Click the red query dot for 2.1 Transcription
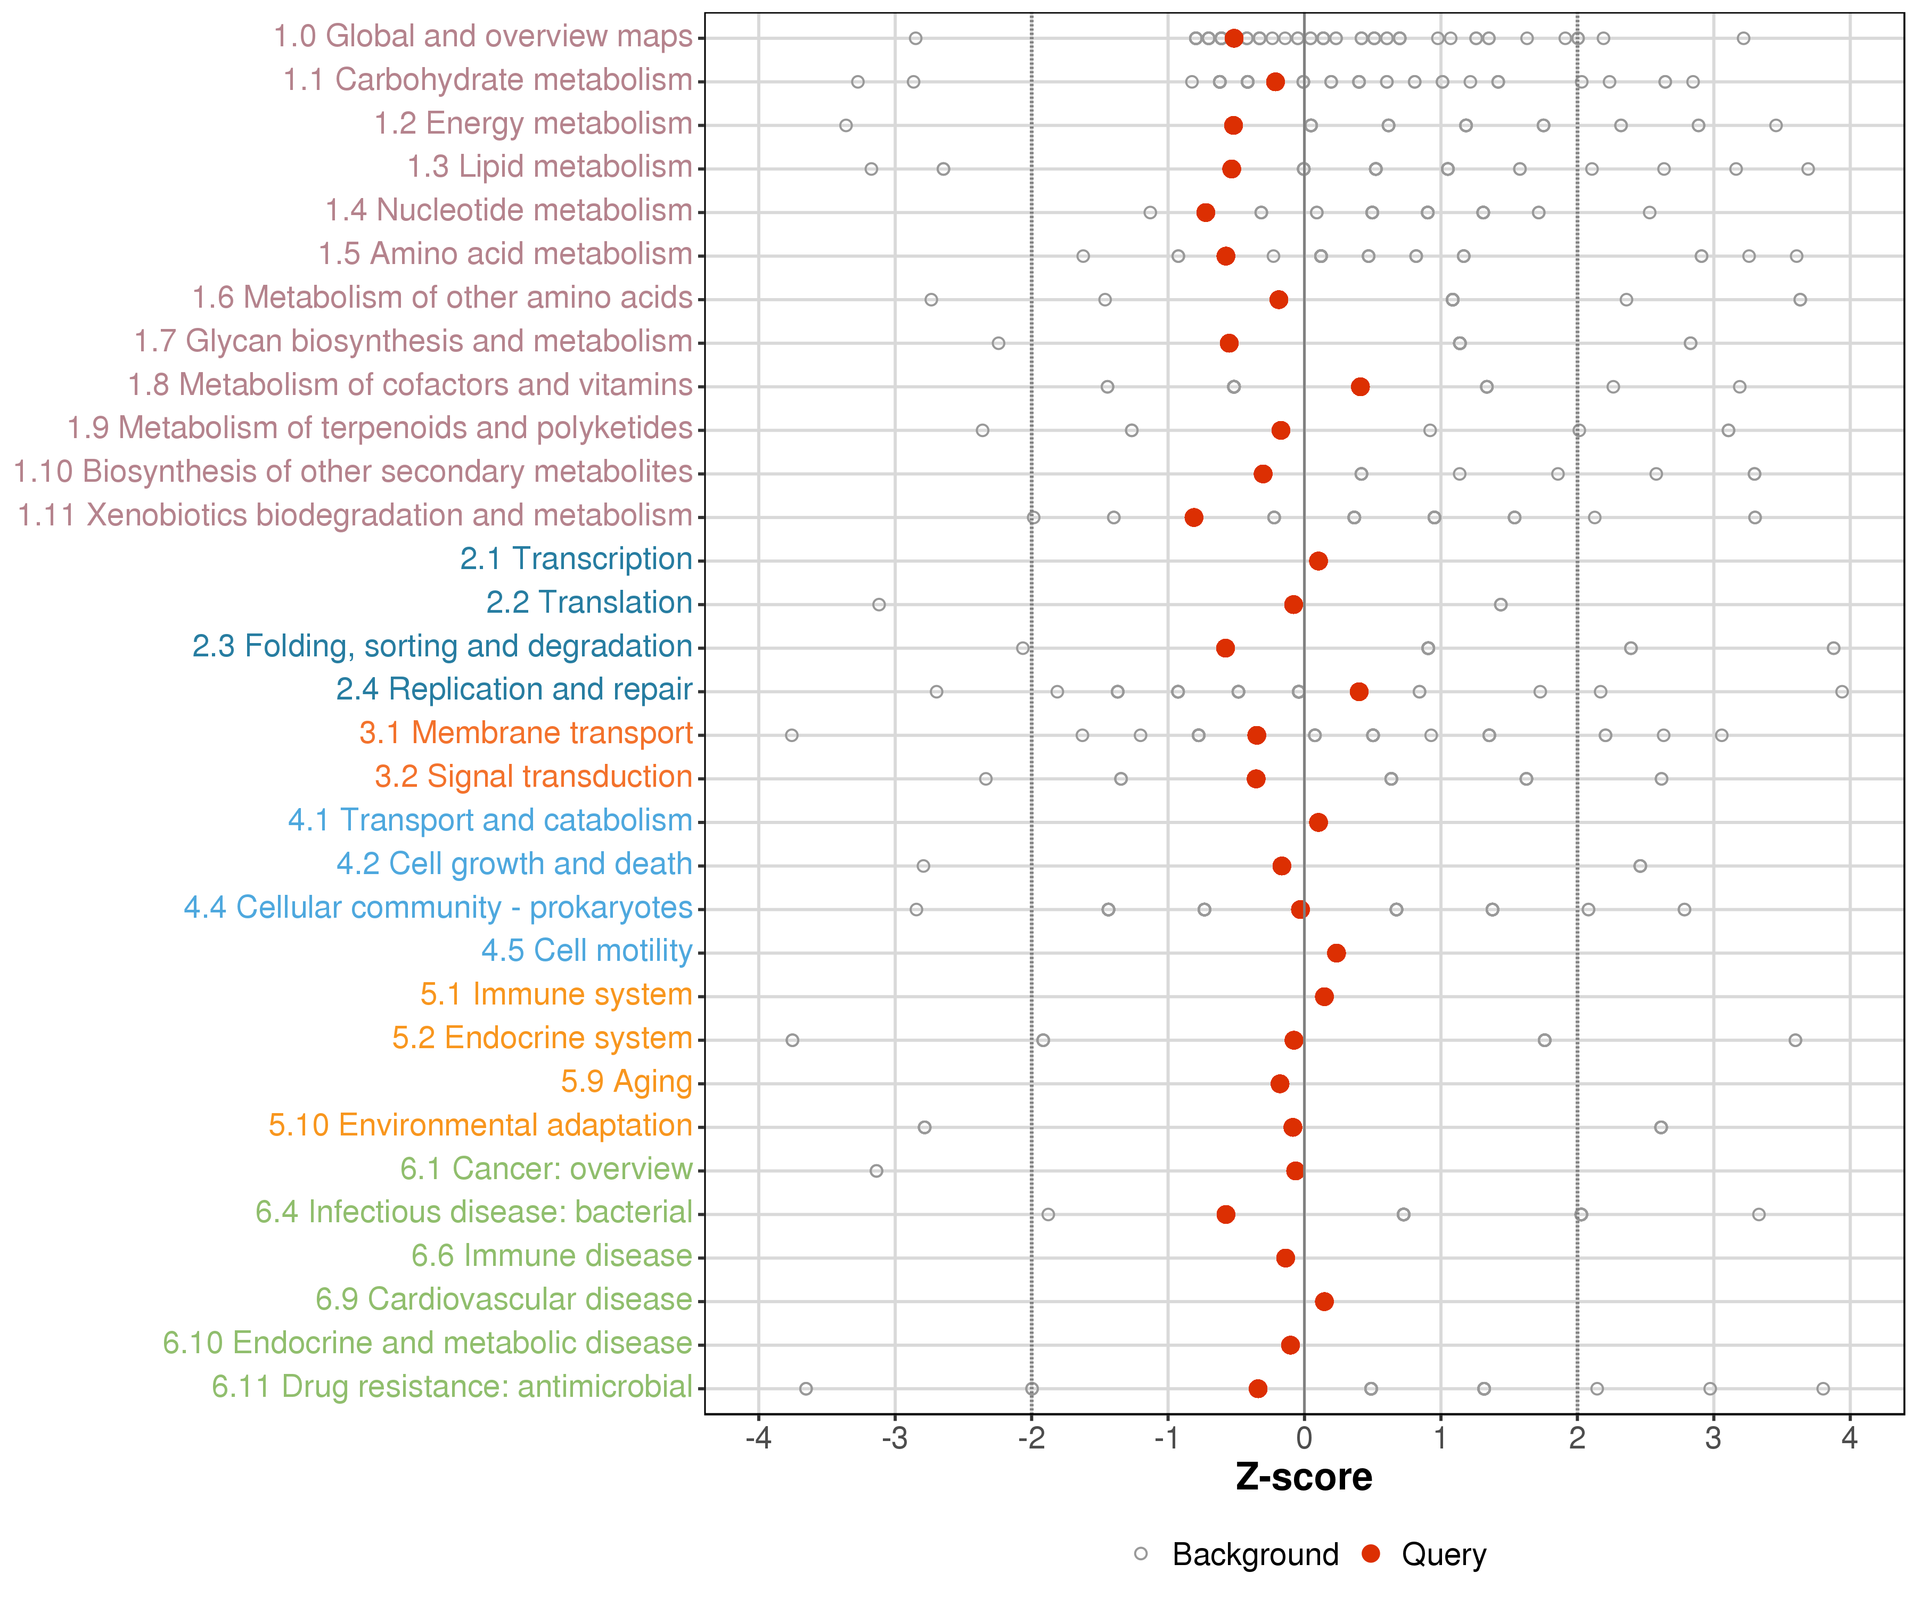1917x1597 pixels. (1318, 561)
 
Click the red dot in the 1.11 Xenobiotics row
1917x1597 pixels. (1194, 517)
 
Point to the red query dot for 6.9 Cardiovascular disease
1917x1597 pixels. (1324, 1302)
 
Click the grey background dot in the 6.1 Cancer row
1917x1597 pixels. (876, 1171)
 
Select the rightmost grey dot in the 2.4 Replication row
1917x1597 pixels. (1842, 692)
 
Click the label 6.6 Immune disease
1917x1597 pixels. (551, 1256)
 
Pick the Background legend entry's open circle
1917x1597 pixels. (1141, 1554)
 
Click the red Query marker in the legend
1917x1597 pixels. (1370, 1554)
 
